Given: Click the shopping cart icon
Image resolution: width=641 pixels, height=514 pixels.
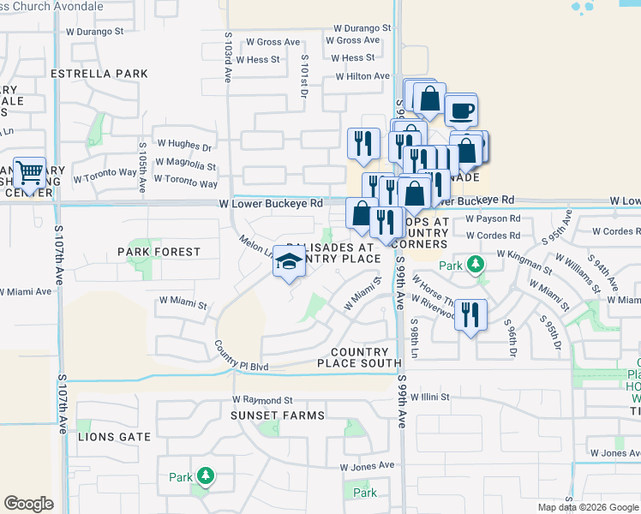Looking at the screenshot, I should [30, 173].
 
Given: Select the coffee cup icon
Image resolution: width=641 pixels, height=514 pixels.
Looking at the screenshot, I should [461, 111].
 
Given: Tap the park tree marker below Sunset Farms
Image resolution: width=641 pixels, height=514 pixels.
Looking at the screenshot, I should [205, 476].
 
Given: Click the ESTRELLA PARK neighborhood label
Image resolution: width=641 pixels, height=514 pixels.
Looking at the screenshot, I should [99, 74].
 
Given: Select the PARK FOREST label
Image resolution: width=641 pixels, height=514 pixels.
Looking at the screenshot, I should [159, 252].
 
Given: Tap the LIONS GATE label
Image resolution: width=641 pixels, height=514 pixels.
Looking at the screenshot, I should [114, 437].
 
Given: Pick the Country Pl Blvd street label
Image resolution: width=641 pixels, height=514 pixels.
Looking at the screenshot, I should [242, 356].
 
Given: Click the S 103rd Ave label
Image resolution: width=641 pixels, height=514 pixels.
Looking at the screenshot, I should [229, 57].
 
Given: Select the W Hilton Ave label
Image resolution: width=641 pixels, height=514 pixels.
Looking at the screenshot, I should [363, 76].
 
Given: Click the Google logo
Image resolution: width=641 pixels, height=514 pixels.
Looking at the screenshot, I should [28, 504].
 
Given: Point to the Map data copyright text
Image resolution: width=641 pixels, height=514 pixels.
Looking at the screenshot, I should [587, 507].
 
